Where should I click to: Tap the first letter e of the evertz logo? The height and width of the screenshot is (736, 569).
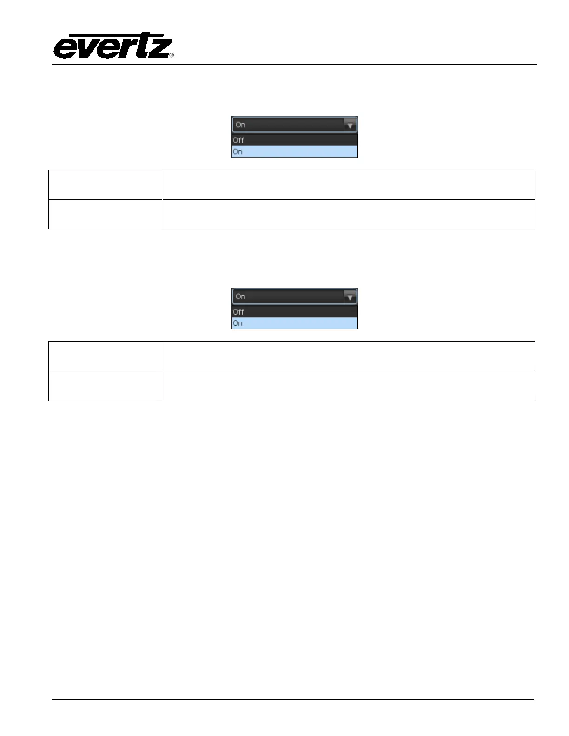click(66, 48)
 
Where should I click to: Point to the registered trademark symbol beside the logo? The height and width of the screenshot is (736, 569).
click(172, 55)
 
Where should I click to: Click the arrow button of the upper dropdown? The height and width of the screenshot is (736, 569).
click(350, 125)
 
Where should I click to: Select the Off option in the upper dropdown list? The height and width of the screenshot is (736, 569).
click(238, 140)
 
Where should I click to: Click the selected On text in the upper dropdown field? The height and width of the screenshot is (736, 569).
click(240, 125)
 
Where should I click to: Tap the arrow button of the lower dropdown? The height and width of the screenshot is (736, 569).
click(350, 296)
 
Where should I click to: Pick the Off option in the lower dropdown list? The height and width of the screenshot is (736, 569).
click(238, 312)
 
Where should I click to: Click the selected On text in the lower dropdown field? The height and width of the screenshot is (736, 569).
click(240, 296)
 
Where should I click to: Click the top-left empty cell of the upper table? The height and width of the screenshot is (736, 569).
click(106, 185)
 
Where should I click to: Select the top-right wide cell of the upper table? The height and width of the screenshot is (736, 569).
click(349, 185)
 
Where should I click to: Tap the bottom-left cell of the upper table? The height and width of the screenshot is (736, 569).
click(106, 214)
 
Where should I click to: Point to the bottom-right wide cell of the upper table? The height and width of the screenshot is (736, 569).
click(349, 214)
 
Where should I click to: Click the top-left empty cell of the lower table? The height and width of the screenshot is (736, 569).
click(106, 356)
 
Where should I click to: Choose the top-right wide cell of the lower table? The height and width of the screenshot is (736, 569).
click(349, 356)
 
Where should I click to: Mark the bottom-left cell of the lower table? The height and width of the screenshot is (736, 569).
click(106, 386)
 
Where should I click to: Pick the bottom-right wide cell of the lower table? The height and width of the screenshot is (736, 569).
click(349, 386)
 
